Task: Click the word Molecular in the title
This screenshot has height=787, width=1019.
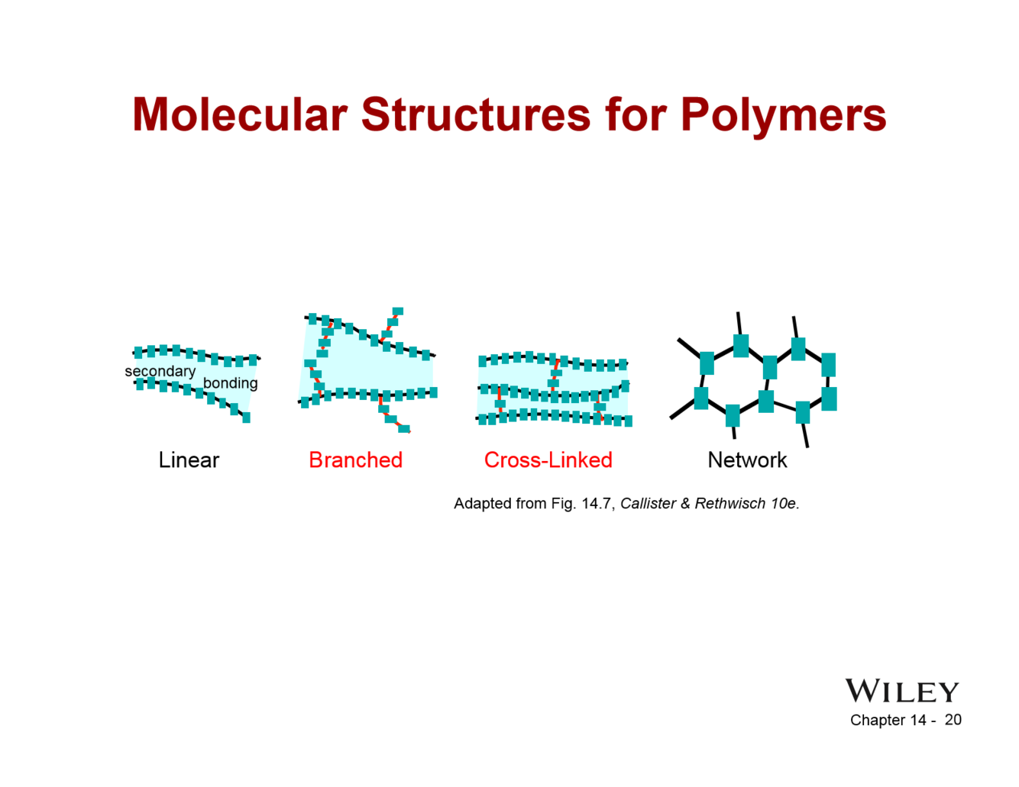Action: point(240,115)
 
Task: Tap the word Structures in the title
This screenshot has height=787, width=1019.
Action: point(476,115)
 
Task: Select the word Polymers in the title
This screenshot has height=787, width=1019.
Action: point(783,115)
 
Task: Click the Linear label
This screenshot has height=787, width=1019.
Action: point(189,460)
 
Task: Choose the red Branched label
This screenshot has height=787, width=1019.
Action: point(355,460)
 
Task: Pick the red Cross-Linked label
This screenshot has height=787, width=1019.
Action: point(548,460)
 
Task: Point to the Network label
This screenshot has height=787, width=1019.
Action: point(747,460)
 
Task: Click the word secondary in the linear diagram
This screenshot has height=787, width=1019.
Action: point(160,372)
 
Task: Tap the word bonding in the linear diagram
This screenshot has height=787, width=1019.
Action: point(230,383)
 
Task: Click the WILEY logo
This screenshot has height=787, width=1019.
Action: point(901,692)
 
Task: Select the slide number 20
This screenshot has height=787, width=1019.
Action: point(953,720)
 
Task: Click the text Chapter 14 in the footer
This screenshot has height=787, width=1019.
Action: point(888,721)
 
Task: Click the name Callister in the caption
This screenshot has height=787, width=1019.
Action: point(648,504)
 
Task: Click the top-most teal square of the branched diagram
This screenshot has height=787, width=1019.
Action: point(397,311)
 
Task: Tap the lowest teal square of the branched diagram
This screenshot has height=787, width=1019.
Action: point(403,429)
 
